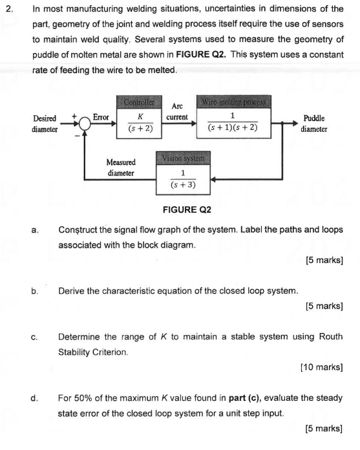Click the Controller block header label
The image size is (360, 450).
point(140,103)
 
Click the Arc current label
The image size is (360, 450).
point(176,111)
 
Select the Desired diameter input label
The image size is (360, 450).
point(45,123)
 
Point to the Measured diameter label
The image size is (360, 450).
point(121,167)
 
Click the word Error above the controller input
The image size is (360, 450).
point(101,117)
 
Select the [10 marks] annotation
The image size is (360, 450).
point(321,367)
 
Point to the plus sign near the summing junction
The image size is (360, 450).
point(76,117)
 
